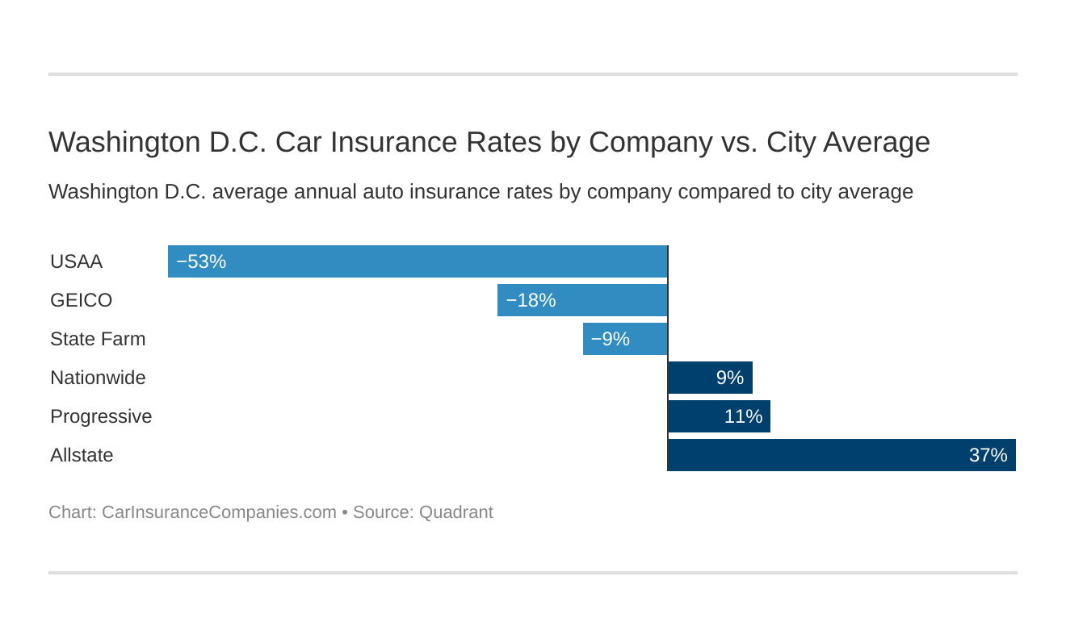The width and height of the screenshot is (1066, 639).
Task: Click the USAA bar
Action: click(418, 261)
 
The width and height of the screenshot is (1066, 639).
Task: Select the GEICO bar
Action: click(582, 300)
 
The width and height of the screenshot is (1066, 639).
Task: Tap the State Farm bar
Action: click(625, 339)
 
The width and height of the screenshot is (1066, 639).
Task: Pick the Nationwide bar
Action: click(710, 378)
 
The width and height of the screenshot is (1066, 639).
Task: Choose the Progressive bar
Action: click(719, 416)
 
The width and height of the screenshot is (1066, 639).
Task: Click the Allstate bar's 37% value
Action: click(988, 455)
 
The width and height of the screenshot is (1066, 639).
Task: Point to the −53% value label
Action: click(201, 261)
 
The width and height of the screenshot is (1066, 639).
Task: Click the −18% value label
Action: click(531, 300)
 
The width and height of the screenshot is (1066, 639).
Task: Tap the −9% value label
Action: click(610, 339)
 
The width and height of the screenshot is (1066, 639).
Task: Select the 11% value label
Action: click(743, 416)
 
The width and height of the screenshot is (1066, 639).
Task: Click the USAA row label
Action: click(76, 261)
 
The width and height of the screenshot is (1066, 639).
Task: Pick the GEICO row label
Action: click(81, 300)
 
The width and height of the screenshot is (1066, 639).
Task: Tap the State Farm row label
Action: click(98, 339)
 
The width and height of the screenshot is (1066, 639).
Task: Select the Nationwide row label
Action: click(98, 378)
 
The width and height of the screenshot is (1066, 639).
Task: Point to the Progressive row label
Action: click(101, 416)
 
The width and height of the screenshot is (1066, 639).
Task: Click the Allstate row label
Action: click(82, 455)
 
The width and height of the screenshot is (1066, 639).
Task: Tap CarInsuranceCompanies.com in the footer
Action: click(219, 512)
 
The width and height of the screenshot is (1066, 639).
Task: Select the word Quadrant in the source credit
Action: click(455, 512)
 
